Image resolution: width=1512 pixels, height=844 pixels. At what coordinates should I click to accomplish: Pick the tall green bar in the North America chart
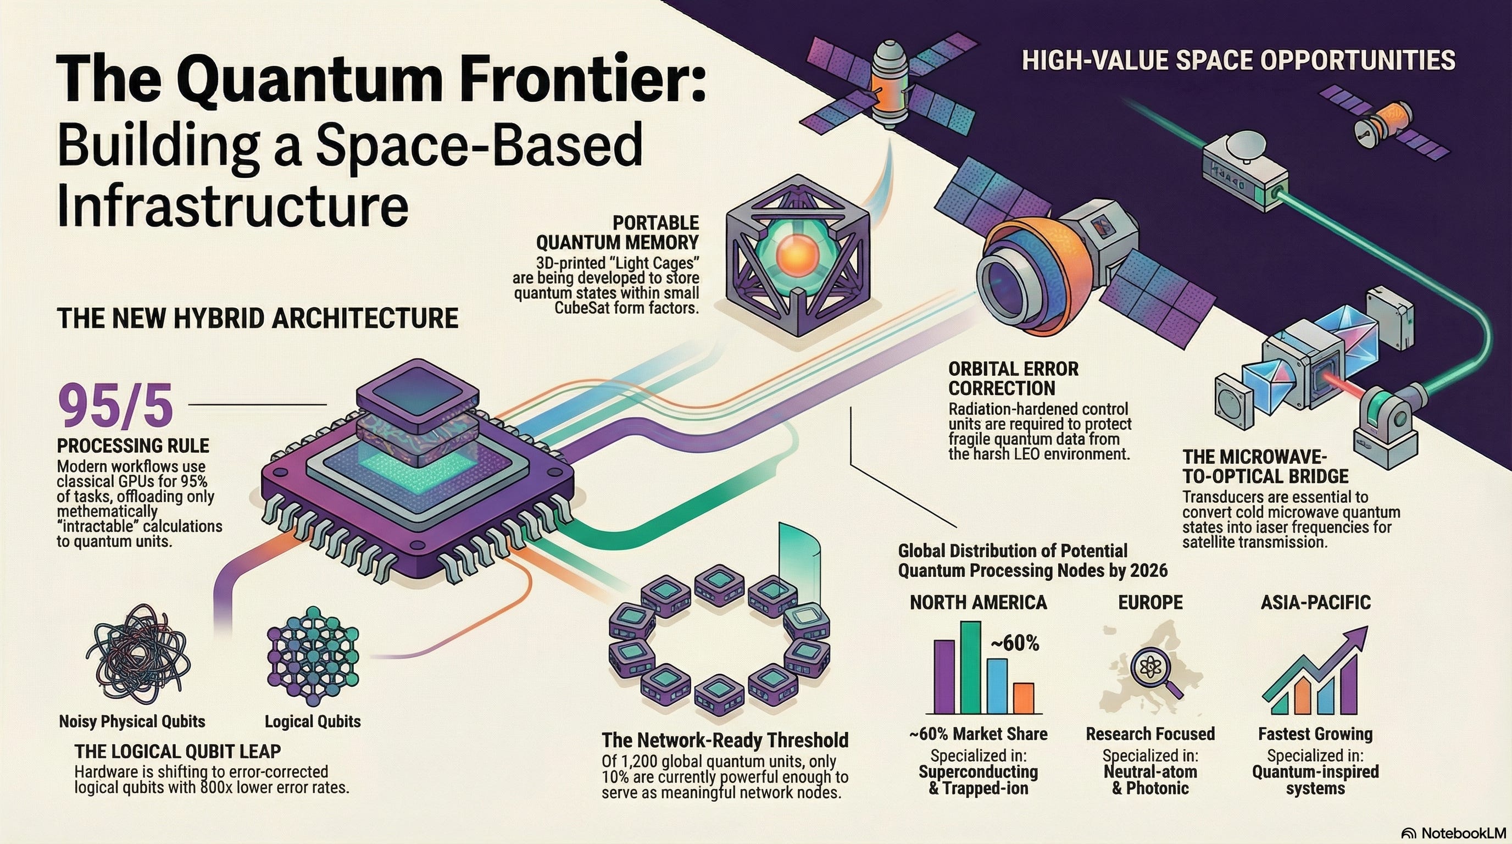tap(970, 666)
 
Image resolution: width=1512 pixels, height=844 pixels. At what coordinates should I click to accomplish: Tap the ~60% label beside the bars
tap(1015, 644)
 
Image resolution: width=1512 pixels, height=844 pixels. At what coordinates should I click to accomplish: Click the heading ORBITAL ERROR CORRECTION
tap(1014, 379)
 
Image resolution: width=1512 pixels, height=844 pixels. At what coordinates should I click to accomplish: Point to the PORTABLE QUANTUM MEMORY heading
tap(618, 232)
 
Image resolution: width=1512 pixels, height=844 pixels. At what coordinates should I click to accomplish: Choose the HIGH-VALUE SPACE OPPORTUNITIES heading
tap(1238, 60)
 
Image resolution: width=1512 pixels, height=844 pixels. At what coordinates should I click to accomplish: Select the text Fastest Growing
tap(1315, 734)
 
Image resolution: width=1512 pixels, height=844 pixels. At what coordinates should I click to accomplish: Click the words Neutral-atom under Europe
tap(1150, 771)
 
